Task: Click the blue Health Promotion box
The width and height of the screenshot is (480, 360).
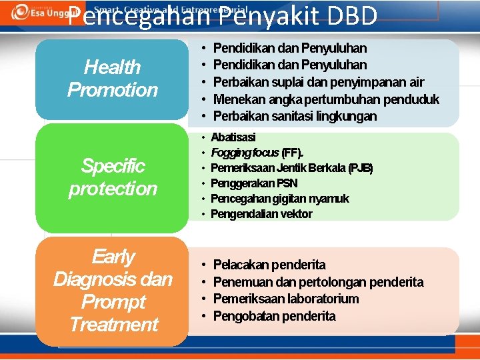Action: (112, 79)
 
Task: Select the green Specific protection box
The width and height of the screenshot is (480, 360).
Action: (112, 177)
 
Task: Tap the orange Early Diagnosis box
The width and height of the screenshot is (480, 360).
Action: (112, 291)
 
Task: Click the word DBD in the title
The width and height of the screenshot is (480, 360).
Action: (346, 16)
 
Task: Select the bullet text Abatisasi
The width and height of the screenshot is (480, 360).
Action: (233, 137)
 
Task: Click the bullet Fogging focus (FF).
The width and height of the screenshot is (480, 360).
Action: (257, 153)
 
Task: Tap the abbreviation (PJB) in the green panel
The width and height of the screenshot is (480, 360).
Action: (360, 168)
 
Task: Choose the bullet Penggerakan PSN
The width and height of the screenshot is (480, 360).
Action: (253, 183)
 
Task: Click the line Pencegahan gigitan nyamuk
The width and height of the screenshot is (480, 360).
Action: (279, 199)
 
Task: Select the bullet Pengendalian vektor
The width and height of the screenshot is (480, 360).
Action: (261, 214)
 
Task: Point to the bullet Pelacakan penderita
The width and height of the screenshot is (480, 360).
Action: (269, 265)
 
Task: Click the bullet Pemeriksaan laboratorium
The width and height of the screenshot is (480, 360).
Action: (285, 299)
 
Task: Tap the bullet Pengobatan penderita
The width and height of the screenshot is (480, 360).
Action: (274, 316)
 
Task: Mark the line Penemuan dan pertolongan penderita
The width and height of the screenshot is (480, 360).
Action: (317, 283)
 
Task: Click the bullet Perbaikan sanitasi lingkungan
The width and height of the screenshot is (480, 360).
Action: (295, 116)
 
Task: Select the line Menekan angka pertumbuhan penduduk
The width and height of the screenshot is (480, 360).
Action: (325, 99)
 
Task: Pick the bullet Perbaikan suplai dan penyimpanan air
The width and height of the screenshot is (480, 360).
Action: (318, 82)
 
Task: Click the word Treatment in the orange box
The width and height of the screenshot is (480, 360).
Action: (113, 325)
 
